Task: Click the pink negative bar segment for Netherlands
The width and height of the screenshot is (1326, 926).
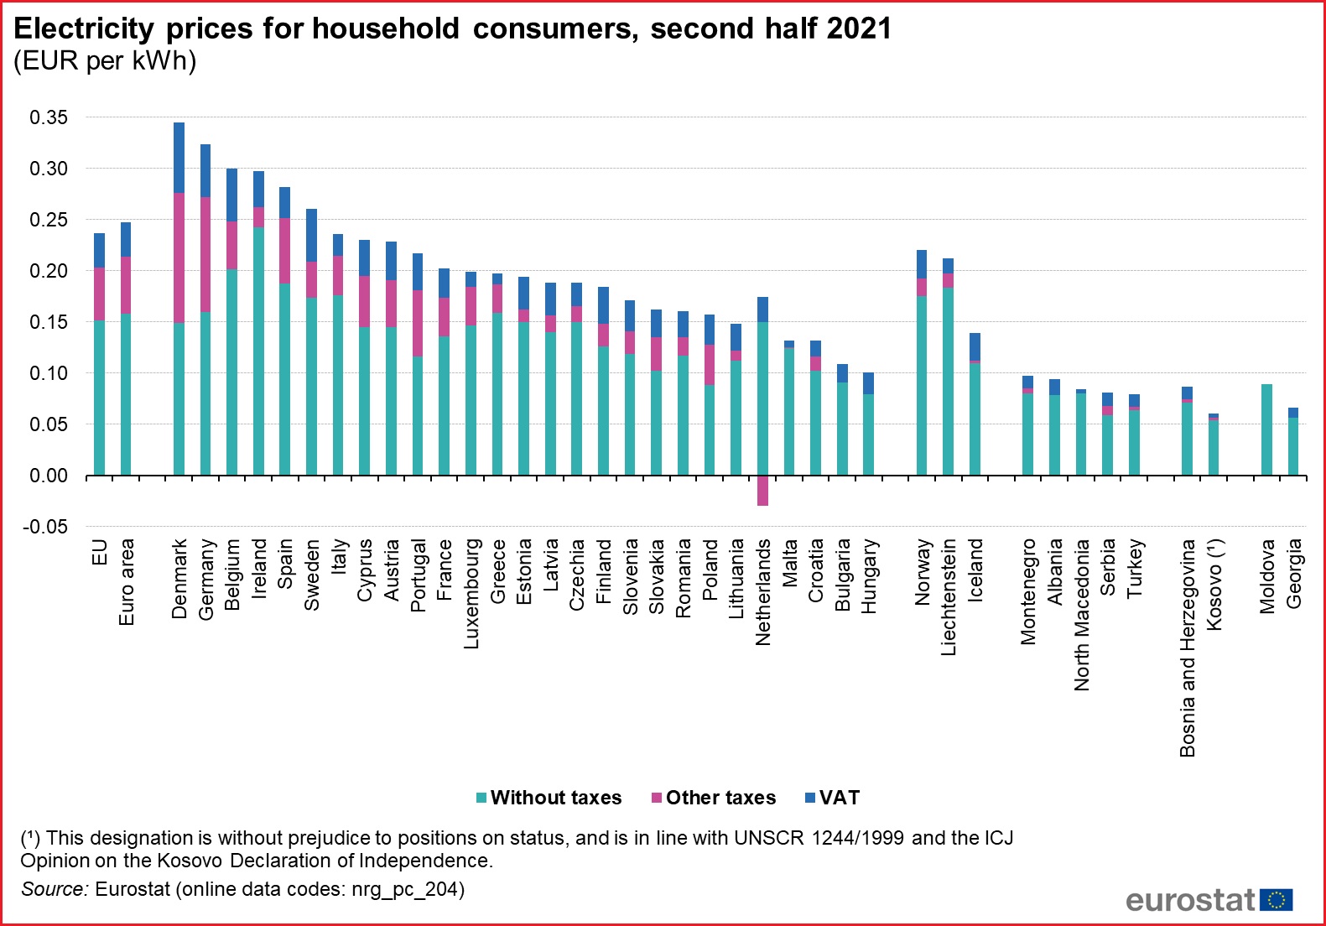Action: (x=762, y=491)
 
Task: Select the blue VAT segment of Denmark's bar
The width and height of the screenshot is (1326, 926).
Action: (x=179, y=158)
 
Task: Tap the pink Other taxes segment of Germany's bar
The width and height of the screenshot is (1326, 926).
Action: (x=205, y=254)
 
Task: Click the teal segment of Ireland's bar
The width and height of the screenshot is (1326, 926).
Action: (x=258, y=351)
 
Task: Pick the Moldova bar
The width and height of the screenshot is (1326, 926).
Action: (x=1266, y=429)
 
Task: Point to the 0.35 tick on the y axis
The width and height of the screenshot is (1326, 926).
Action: (x=49, y=117)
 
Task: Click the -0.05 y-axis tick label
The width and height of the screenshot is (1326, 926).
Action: (x=45, y=527)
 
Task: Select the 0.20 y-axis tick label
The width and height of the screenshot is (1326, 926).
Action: (x=49, y=271)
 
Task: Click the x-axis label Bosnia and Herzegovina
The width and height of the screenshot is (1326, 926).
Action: (x=1188, y=648)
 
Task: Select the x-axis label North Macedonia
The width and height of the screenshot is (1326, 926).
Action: (x=1082, y=614)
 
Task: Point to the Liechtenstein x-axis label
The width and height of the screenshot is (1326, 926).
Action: (x=949, y=596)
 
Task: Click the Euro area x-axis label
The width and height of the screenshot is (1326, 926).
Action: (x=127, y=581)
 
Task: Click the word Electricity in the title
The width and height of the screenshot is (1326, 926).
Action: (x=84, y=29)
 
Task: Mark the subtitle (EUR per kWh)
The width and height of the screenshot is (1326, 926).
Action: (x=105, y=61)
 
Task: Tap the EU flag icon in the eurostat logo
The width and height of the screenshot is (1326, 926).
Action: (x=1276, y=900)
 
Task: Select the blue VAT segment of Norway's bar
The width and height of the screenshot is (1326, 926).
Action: (x=922, y=264)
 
